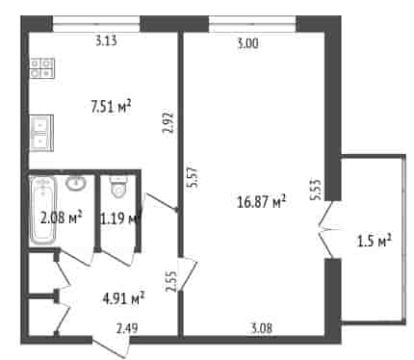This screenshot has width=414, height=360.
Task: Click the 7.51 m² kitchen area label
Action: tap(111, 107)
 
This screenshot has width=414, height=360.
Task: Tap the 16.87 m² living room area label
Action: tap(261, 202)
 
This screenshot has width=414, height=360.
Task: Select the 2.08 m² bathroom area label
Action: tap(62, 219)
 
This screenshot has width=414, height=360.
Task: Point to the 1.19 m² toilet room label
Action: tap(120, 219)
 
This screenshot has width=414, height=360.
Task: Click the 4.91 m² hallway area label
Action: tap(123, 298)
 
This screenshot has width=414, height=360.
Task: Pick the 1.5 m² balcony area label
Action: tap(375, 242)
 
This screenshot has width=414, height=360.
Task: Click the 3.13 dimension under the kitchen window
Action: tap(106, 41)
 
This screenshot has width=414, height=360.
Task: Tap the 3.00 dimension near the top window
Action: tap(247, 43)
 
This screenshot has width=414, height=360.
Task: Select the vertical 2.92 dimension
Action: tap(168, 122)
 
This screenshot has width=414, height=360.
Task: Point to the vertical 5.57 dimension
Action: tap(194, 178)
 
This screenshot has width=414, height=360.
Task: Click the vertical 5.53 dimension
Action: tap(315, 190)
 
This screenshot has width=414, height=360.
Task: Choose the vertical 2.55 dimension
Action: tap(171, 282)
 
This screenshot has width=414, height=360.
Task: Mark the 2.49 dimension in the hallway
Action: tap(127, 328)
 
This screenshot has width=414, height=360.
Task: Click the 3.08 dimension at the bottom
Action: tap(261, 328)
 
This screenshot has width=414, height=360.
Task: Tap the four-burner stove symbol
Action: tap(42, 68)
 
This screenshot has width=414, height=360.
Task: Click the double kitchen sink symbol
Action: tap(41, 133)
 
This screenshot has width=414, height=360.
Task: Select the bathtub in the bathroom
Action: tap(43, 211)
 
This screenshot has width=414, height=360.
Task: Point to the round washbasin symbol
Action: tap(76, 184)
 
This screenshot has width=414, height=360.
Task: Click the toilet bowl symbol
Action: tap(118, 187)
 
